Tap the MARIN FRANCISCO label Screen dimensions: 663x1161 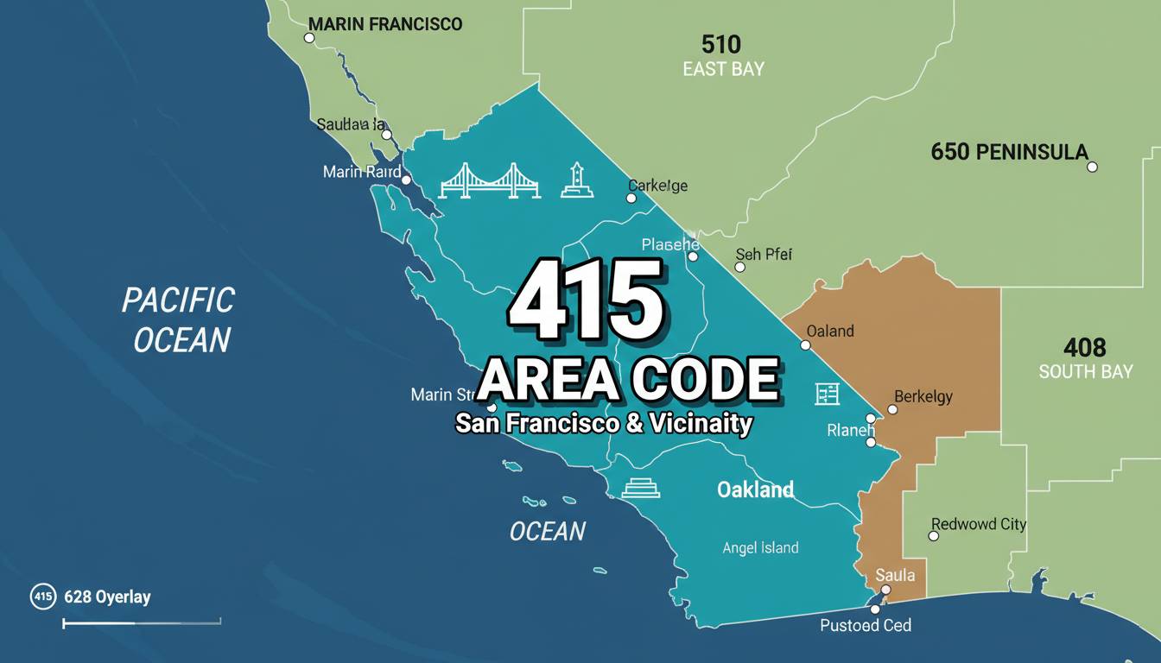click(385, 24)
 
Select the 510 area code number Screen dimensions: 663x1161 click(722, 44)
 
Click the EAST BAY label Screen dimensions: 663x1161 click(723, 69)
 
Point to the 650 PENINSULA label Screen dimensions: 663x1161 click(1009, 153)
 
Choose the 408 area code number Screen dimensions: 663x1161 click(1085, 348)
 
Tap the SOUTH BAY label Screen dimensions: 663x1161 click(1084, 372)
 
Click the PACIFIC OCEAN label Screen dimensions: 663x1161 click(178, 319)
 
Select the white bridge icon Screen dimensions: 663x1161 click(490, 180)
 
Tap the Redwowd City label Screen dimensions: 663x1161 click(979, 524)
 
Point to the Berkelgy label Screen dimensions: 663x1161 click(923, 396)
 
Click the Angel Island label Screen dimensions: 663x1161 click(760, 547)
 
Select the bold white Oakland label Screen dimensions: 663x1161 click(755, 489)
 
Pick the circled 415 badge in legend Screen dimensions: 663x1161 click(43, 596)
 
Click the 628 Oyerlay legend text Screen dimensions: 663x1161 click(107, 597)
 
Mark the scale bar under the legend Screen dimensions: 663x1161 click(142, 621)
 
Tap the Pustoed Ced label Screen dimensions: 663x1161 click(865, 625)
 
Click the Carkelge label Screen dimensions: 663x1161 click(657, 186)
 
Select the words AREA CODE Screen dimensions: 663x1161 click(629, 380)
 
